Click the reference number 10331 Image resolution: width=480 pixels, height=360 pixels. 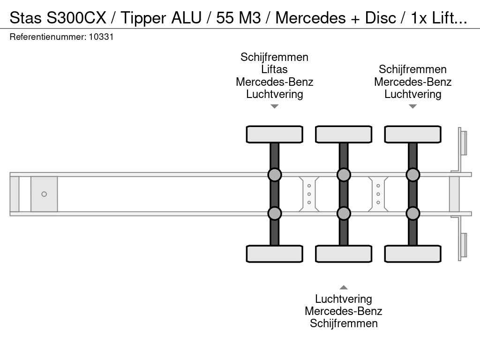101,37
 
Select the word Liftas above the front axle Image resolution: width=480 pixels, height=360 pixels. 274,69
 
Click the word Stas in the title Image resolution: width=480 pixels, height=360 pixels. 26,18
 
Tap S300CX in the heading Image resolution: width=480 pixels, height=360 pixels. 76,18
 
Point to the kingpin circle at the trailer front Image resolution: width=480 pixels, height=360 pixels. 44,194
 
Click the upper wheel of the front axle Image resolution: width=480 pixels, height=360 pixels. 275,135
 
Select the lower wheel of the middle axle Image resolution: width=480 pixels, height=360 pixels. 344,254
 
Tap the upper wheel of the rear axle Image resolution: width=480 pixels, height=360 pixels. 412,135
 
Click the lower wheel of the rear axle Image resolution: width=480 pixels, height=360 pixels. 412,254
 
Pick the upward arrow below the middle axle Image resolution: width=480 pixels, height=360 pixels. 344,287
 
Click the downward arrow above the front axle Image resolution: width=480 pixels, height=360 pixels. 275,106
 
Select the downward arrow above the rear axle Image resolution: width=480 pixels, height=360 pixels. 412,106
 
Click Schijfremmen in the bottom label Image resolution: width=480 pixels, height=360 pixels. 344,323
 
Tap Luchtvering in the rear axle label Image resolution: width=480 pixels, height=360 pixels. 412,94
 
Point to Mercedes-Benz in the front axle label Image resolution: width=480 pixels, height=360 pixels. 274,82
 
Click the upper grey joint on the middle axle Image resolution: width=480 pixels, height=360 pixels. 344,175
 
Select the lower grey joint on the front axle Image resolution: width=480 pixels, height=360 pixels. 275,213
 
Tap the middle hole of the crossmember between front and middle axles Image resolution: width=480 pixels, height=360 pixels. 309,194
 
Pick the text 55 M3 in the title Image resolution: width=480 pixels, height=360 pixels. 239,18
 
